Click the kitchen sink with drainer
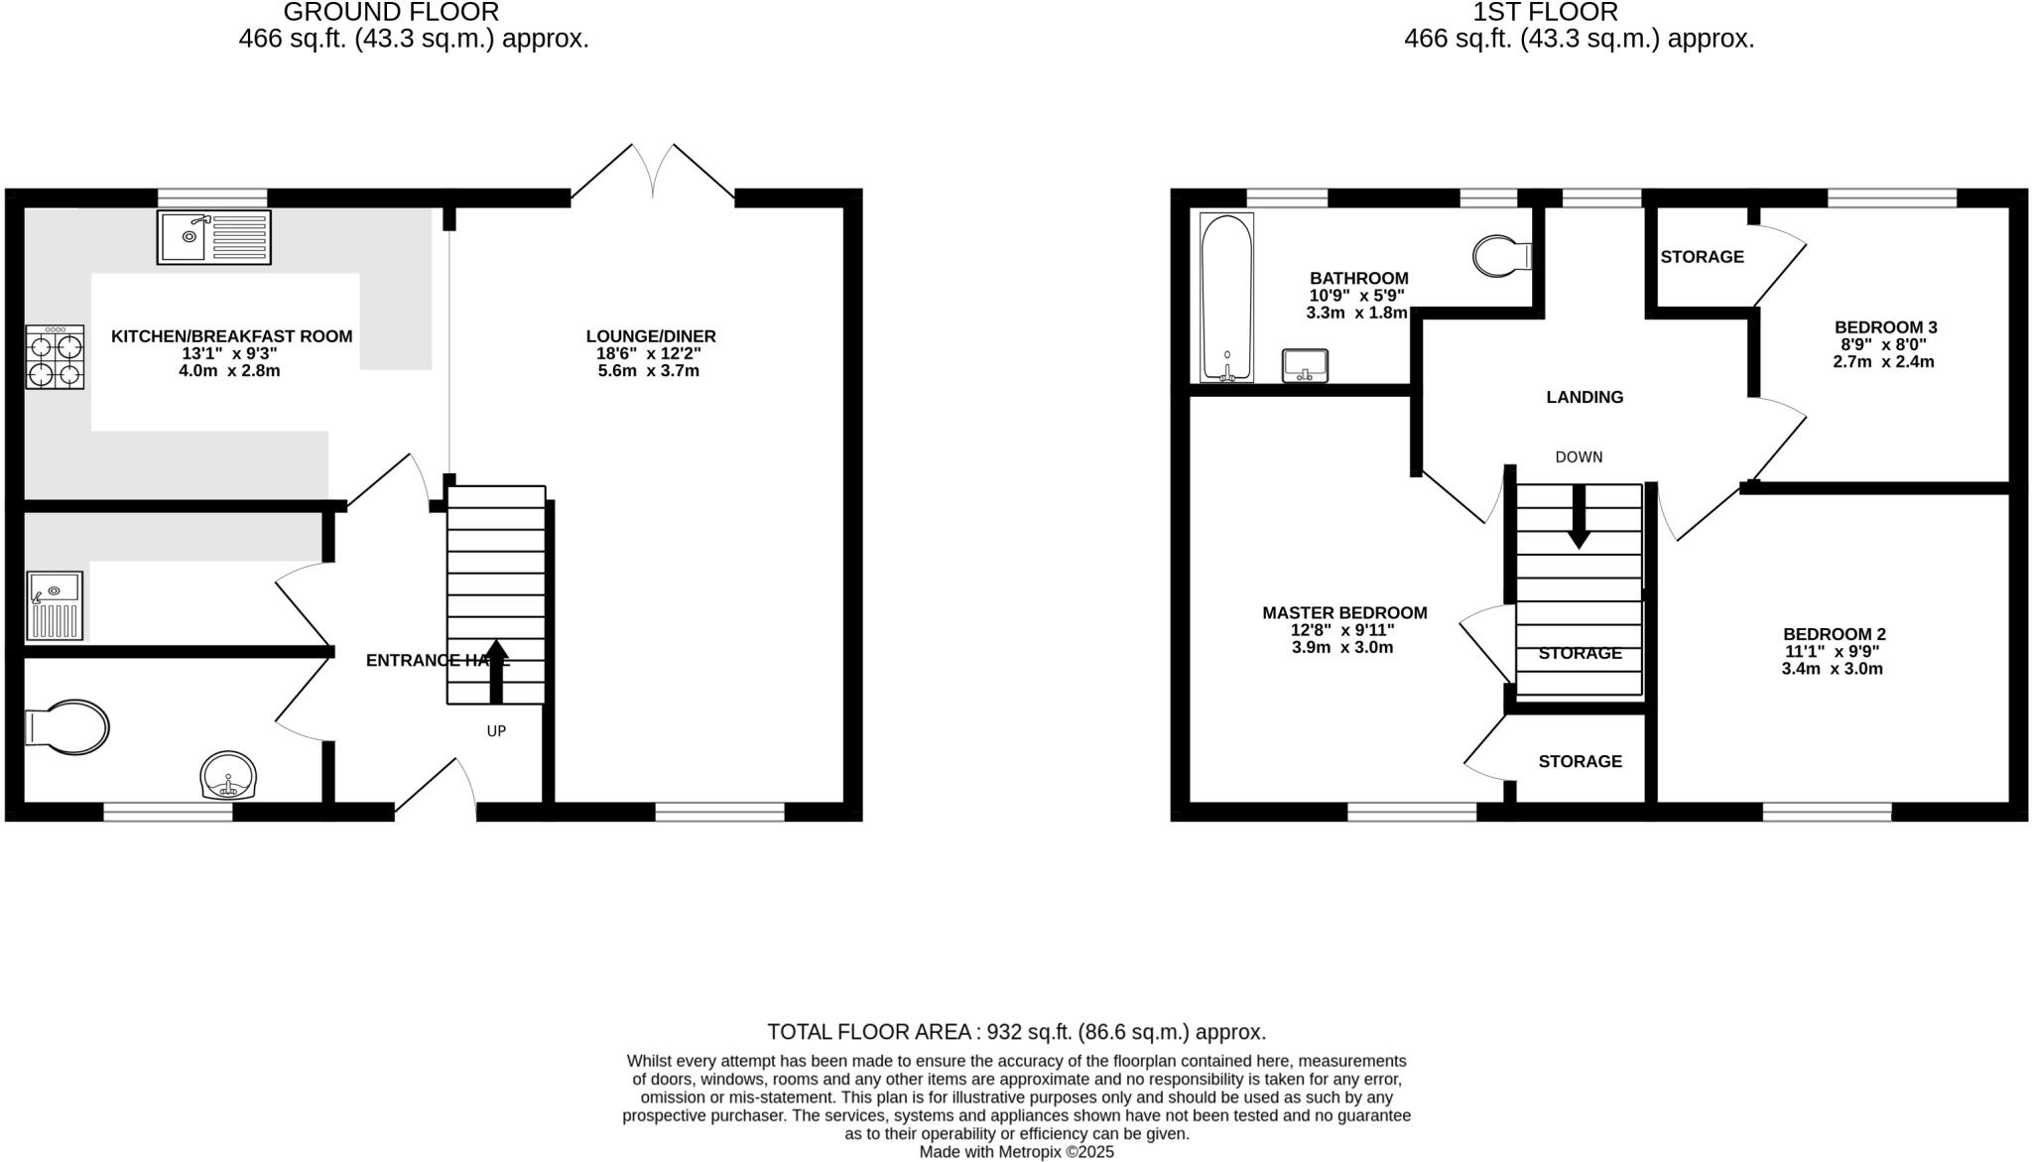213,237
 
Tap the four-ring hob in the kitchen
55,359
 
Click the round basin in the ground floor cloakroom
229,775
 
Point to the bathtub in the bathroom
1226,298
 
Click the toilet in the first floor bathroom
1501,256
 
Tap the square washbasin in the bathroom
1305,365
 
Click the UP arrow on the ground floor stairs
496,671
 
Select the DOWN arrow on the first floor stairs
1579,517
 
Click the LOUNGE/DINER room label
651,336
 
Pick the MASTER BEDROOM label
1344,613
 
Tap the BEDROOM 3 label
1885,327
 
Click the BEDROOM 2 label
1834,634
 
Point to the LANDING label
1585,397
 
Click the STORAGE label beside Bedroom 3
1702,257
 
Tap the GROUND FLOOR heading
391,13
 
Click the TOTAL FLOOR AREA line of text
1016,1032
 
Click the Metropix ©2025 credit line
1016,1152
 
